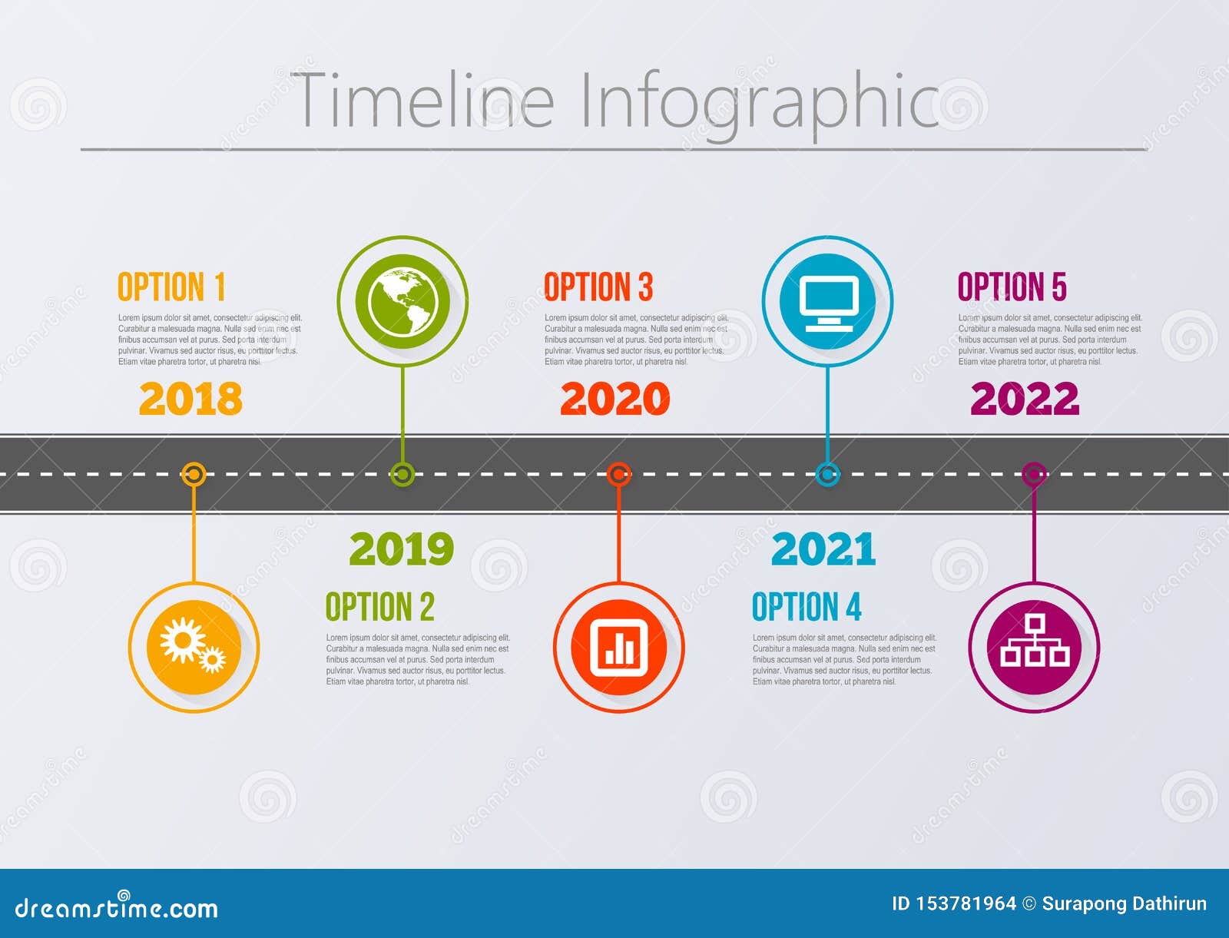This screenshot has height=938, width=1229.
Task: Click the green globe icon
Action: pos(402,301)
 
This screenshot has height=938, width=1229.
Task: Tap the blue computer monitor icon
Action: pos(827,301)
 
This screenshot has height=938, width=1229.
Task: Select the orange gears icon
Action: pos(194,647)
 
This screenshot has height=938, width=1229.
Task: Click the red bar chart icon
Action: pos(618,647)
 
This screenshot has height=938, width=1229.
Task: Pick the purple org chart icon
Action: pos(1034,647)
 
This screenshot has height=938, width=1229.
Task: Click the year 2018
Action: pos(190,399)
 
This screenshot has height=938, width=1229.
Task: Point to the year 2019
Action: pos(401,549)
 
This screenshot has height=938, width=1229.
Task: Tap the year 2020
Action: pos(614,399)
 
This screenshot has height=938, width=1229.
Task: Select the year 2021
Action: pos(823,549)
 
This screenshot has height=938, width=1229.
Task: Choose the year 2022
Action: pos(1025,399)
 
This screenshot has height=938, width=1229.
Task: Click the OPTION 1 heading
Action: pos(171,287)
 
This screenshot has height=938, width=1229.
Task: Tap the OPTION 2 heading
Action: pos(379,607)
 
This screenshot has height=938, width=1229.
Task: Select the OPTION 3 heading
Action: pos(598,287)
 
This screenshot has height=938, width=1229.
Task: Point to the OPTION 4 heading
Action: pos(807,607)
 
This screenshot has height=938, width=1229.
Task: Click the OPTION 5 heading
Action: pos(1012,287)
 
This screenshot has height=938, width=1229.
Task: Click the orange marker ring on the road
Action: pos(194,474)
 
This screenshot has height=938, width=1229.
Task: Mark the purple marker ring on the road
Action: pos(1034,474)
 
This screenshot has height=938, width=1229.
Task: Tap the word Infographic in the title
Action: pos(759,101)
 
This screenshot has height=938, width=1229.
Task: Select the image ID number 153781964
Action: pos(966,904)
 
